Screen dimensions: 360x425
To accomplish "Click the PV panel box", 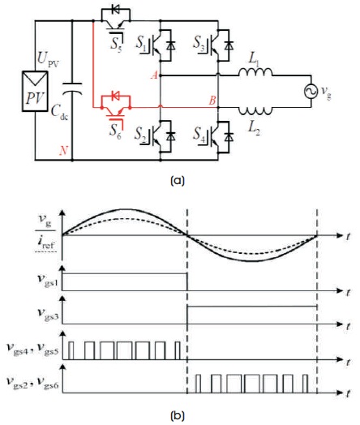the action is coord(35,91).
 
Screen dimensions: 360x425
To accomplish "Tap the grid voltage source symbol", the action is coord(311,92).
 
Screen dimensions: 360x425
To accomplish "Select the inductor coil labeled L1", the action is coord(255,72).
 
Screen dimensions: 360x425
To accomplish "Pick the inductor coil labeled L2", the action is coord(255,110).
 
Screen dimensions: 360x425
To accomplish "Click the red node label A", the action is coord(154,75).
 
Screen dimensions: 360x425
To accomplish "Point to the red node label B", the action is coord(212,101).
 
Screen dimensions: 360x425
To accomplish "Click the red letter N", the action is coord(63,150).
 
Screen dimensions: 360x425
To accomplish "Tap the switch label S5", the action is coord(116,44).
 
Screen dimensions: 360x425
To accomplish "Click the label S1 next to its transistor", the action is coord(141,42).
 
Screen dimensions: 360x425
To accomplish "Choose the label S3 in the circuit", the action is coord(199,43).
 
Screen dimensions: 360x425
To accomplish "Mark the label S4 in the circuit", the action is coord(199,134).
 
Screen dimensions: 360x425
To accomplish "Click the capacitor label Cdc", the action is coord(59,112).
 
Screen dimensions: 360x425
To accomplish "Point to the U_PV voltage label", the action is coord(48,59).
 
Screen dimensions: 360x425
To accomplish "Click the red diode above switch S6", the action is coord(116,96).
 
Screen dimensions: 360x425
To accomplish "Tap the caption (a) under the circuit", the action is coord(178,181).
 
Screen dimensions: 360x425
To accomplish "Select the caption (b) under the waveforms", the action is coord(178,415).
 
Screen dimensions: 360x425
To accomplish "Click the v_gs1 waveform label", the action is coord(48,281).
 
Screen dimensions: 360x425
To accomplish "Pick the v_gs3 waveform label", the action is coord(48,315).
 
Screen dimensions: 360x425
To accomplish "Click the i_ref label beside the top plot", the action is coord(46,243).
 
